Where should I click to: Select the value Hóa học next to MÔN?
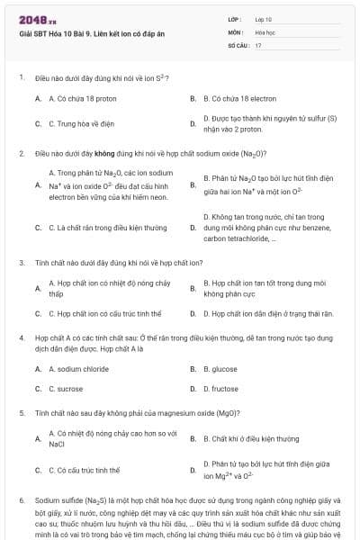coord(265,31)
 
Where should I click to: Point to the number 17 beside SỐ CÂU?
coord(258,44)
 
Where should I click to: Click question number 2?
coord(21,153)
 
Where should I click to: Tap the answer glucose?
coord(220,369)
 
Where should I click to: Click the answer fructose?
coord(221,389)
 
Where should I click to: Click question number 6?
coord(21,499)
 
